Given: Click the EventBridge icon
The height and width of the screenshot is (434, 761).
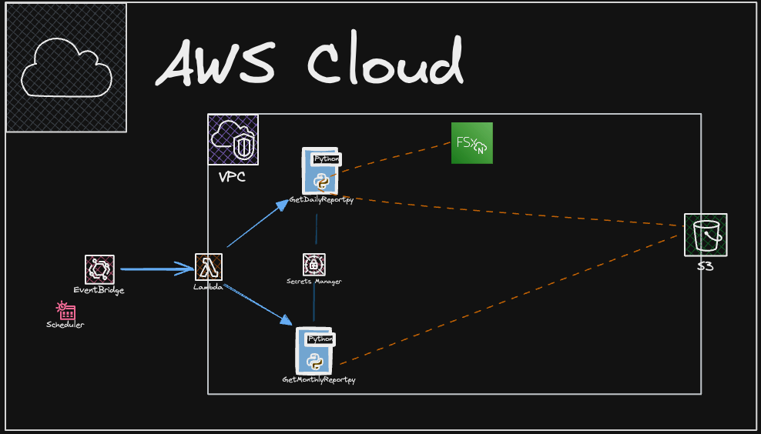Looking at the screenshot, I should click(x=99, y=269).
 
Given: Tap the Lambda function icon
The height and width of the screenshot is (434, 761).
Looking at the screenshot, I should click(x=209, y=268).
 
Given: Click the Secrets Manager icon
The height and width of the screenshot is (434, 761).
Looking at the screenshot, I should click(x=313, y=265).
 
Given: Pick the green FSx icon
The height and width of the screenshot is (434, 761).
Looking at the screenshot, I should click(x=471, y=143).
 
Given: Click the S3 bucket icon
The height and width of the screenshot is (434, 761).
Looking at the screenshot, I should click(x=706, y=235).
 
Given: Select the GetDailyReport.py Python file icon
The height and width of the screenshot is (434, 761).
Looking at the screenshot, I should click(x=321, y=172).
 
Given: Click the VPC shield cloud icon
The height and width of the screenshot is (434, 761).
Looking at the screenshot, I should click(x=233, y=139).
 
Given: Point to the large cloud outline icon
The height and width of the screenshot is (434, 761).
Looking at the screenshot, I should click(x=66, y=68).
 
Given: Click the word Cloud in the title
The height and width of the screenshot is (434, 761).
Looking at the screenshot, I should click(x=386, y=62).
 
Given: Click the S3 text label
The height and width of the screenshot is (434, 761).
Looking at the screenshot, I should click(x=705, y=266).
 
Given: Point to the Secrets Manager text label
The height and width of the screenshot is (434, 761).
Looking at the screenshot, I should click(x=313, y=282).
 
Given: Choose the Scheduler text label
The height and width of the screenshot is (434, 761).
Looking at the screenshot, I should click(x=65, y=325).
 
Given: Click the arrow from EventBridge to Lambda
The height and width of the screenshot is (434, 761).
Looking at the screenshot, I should click(x=158, y=269).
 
